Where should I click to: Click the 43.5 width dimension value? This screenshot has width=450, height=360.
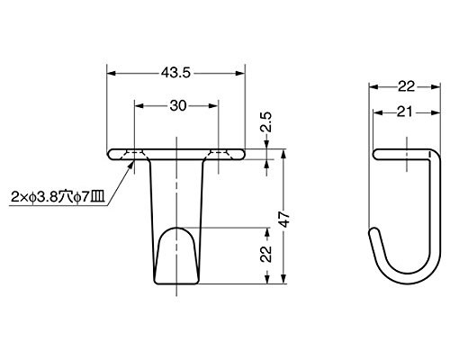175,73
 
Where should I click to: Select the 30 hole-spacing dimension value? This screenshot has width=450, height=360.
178,105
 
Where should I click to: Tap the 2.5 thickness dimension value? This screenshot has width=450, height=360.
266,122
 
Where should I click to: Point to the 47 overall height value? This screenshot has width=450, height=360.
283,219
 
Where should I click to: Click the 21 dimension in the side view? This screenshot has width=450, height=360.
405,112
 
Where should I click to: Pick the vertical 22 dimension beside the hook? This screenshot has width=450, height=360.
266,254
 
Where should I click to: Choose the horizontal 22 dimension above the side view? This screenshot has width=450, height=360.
406,86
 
